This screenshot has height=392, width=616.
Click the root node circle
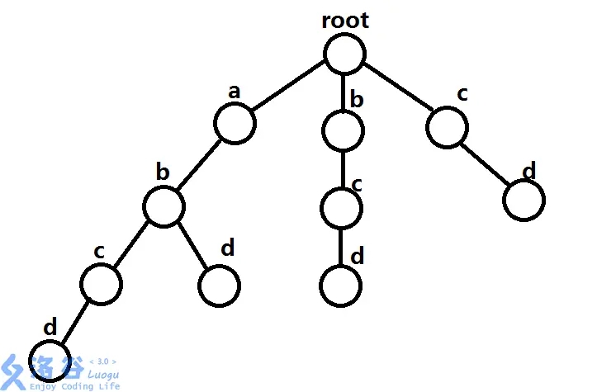coord(344,54)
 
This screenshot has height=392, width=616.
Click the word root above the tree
coord(345,21)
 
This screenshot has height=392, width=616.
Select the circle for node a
coord(235,124)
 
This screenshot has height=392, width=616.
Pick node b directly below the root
coord(343,130)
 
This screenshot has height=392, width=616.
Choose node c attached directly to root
coord(448,126)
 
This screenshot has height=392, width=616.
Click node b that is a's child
coord(163,206)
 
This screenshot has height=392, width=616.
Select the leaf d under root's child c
coord(524,201)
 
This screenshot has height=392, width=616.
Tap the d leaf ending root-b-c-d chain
coord(340,285)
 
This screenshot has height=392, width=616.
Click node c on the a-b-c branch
coord(101,283)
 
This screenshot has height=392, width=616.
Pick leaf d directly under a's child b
coord(220,284)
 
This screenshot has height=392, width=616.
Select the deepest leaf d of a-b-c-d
coord(51,361)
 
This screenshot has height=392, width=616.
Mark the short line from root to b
coord(344,91)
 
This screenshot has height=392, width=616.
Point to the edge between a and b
coord(199,165)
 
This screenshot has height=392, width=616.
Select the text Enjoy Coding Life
coord(74,385)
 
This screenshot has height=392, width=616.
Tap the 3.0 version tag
coord(102,361)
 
